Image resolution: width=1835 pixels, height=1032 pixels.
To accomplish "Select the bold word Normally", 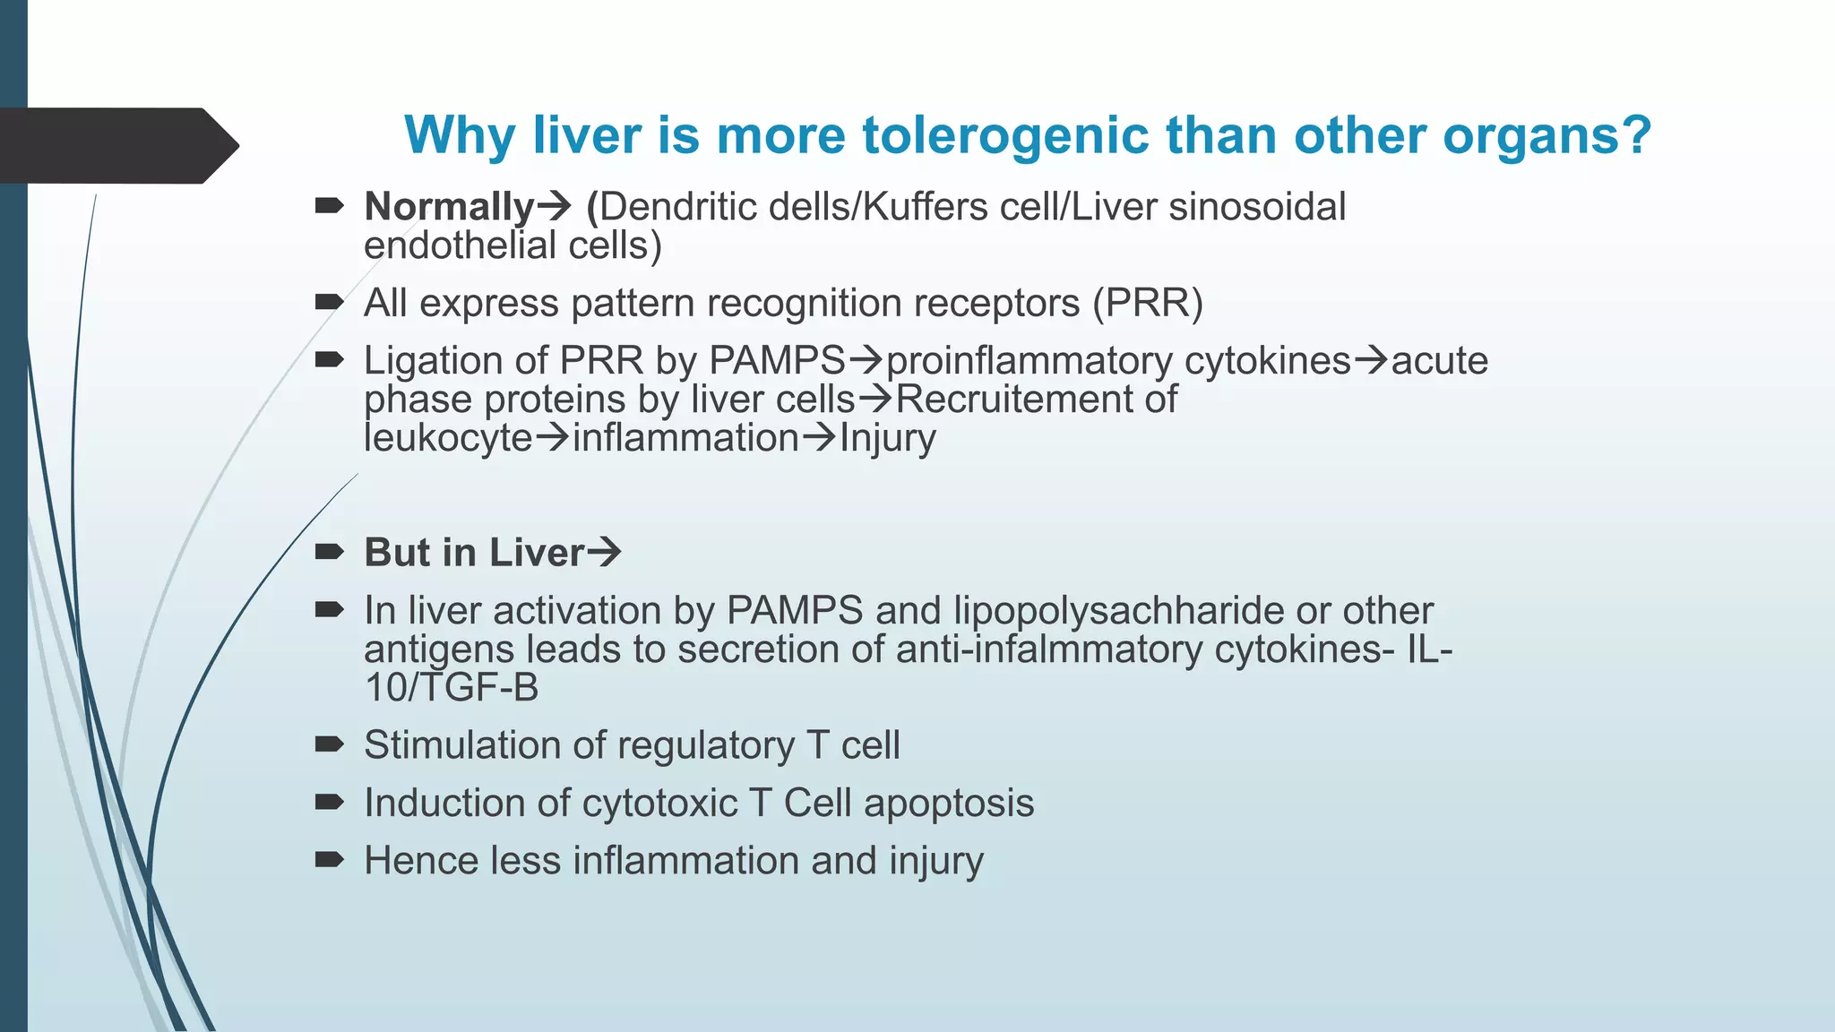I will click(449, 207).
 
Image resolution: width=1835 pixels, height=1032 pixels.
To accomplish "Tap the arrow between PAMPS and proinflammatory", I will click(866, 361).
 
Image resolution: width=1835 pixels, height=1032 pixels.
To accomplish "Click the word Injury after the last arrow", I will click(887, 438).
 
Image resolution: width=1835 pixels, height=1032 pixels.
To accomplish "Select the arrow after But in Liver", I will click(604, 552).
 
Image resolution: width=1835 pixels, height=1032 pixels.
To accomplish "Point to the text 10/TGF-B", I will click(452, 688).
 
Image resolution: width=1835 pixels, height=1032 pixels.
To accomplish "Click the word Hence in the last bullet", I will click(421, 861).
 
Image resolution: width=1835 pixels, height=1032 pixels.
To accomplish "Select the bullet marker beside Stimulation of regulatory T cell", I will click(329, 744).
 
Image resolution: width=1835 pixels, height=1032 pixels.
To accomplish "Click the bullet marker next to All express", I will click(329, 302).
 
